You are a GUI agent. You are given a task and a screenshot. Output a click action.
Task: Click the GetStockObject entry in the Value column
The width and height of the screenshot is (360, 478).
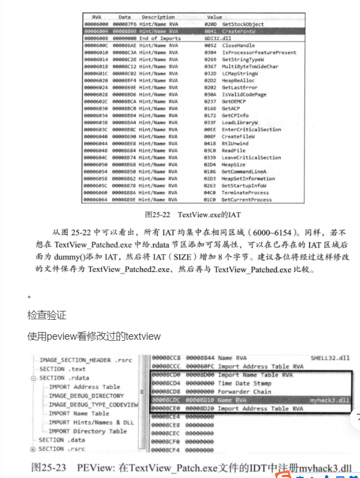(x=243, y=24)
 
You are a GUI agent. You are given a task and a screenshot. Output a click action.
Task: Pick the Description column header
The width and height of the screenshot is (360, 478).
(x=158, y=17)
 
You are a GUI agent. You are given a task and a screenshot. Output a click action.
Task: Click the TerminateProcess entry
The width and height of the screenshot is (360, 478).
(x=245, y=193)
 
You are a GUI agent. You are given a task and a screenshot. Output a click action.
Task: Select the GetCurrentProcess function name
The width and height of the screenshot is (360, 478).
(x=247, y=200)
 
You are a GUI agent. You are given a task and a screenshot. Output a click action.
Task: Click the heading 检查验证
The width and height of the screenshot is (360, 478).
(x=47, y=315)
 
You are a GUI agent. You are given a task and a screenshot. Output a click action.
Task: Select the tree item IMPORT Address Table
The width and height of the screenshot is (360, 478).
(x=84, y=387)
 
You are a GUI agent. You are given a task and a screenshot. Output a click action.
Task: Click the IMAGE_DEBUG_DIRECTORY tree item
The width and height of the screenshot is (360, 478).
(x=86, y=396)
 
